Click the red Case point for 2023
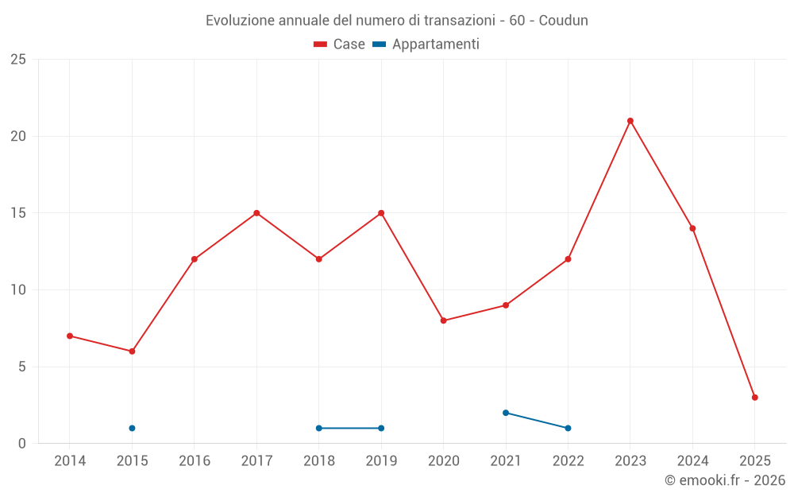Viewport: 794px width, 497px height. [x=630, y=121]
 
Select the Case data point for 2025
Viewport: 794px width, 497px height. [x=755, y=398]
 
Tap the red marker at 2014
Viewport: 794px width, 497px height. [x=70, y=336]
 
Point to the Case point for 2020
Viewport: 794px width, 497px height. [x=444, y=320]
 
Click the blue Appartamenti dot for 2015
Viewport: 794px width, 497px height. [x=132, y=428]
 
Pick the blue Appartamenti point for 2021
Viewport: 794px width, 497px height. [x=506, y=413]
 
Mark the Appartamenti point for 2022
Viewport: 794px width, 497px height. [x=568, y=428]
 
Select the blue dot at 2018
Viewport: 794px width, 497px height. [x=319, y=428]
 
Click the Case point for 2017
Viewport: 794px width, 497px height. [x=256, y=213]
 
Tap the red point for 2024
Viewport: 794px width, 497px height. [x=692, y=228]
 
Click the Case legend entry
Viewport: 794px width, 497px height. [x=339, y=45]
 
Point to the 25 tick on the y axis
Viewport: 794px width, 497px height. [x=18, y=60]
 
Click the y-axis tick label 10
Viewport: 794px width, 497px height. [x=18, y=290]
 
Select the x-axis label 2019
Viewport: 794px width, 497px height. [x=381, y=460]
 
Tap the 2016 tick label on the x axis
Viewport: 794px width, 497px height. [x=195, y=460]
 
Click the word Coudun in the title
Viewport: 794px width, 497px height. [x=564, y=21]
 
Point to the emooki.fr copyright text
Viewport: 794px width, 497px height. [x=724, y=480]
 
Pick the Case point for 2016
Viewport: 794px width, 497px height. [x=195, y=259]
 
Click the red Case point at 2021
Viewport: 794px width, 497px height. [x=506, y=305]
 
